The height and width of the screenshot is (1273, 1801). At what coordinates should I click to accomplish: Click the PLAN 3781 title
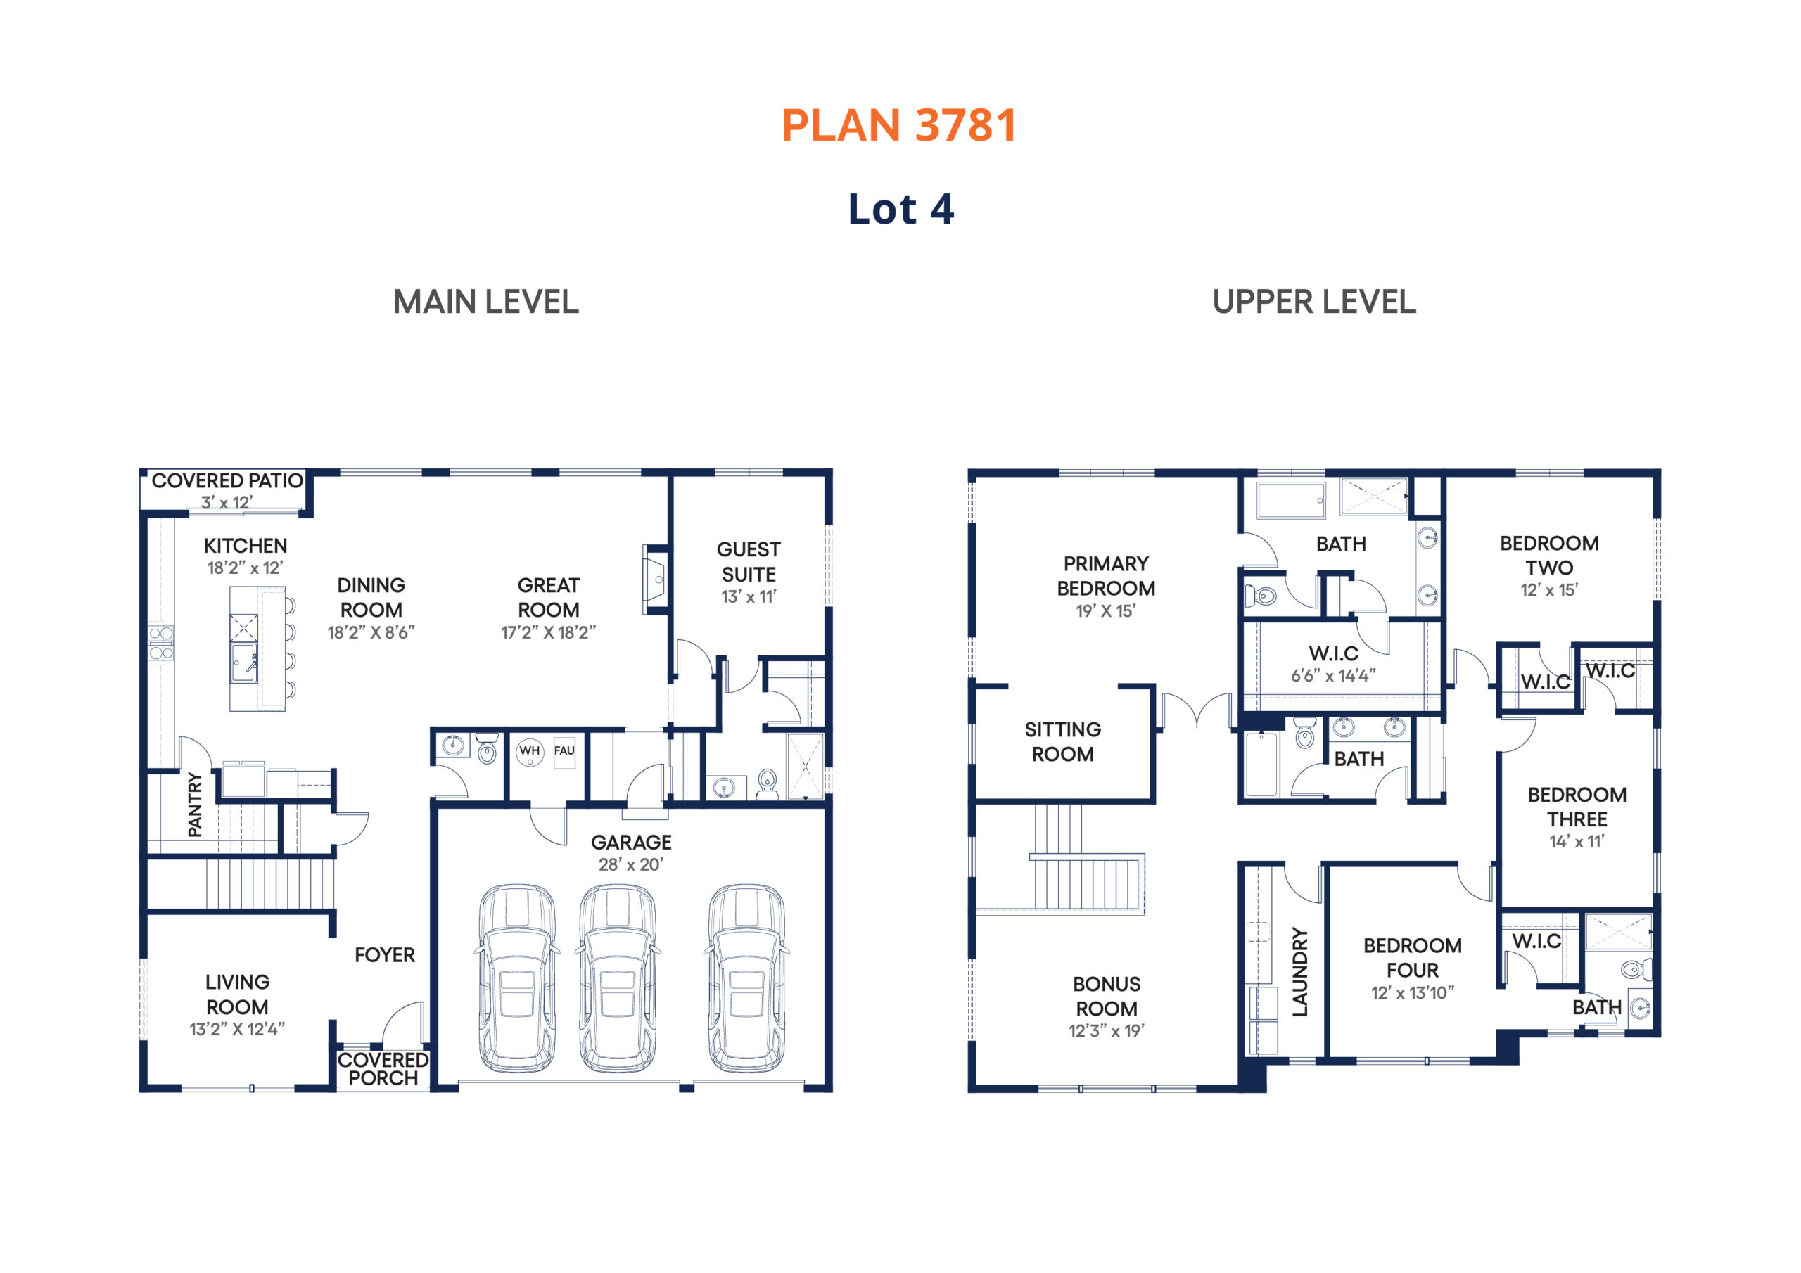pos(899,124)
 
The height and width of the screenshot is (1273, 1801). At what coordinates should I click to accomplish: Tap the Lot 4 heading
pos(900,209)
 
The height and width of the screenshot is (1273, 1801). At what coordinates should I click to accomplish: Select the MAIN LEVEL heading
pos(485,302)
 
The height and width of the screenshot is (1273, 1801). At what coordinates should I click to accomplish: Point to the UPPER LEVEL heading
pos(1314,302)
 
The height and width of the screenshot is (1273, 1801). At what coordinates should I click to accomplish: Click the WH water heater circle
pos(530,750)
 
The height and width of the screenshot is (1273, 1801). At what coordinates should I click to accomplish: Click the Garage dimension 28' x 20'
pos(630,864)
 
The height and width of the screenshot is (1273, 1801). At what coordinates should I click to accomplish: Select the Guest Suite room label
pos(749,561)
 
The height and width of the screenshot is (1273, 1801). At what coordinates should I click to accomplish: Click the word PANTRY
pos(195,805)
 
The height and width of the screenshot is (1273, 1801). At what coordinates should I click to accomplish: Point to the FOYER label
pos(384,954)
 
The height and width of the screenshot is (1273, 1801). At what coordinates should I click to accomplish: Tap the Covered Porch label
pos(383,1068)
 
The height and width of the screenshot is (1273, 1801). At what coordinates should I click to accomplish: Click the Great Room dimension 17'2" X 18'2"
pos(548,632)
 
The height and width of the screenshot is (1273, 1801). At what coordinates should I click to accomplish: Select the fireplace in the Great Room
pos(656,579)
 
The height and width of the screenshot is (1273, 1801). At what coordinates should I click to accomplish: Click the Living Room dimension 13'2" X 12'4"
pos(237,1029)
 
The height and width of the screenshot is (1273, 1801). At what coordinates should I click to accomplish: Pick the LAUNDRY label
pos(1300,973)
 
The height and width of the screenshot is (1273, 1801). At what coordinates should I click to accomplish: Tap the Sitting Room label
pos(1063,741)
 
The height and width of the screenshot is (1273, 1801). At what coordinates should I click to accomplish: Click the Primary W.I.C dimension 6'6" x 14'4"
pos(1333,675)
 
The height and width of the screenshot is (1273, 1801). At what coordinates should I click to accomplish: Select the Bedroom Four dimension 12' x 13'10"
pos(1412,993)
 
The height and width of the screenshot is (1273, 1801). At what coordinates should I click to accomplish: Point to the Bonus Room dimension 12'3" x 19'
pos(1106,1030)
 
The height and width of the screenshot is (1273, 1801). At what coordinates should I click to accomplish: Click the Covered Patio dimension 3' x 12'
pos(227,502)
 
